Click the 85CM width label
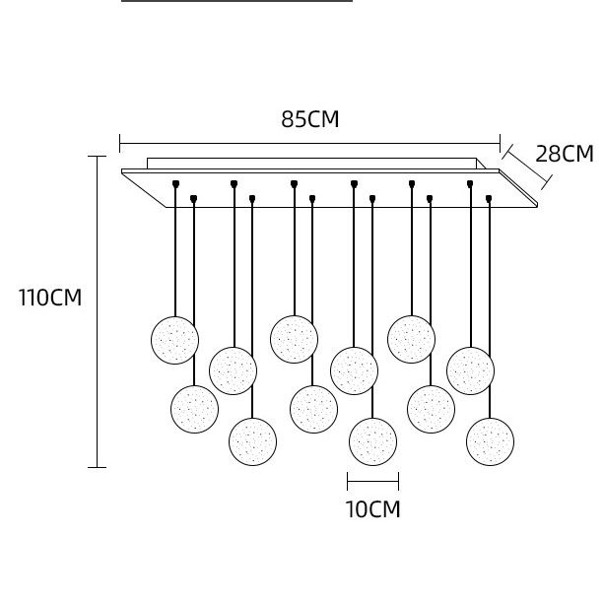click(x=309, y=120)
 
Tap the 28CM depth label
click(x=564, y=154)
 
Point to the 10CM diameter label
click(x=372, y=509)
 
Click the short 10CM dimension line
click(x=372, y=482)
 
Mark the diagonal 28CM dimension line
click(x=526, y=164)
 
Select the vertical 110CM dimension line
click(x=97, y=311)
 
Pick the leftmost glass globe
click(x=174, y=340)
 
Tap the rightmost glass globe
click(x=490, y=439)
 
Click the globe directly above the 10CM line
click(x=372, y=441)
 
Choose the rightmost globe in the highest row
click(x=411, y=338)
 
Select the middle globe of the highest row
click(x=294, y=338)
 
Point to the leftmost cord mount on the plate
click(x=175, y=183)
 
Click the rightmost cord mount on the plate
click(x=489, y=198)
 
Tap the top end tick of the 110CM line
click(x=97, y=157)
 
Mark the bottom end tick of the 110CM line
click(x=97, y=467)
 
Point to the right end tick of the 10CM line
click(x=398, y=482)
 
